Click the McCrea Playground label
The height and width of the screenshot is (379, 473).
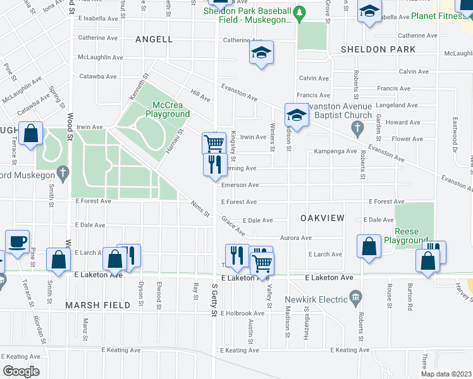(x=168, y=109)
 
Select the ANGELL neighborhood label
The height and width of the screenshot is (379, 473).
(x=154, y=39)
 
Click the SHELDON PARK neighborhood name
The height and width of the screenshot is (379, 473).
(x=378, y=49)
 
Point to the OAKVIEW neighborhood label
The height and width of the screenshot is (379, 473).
(x=322, y=218)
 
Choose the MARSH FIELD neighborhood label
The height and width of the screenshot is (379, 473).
(x=98, y=305)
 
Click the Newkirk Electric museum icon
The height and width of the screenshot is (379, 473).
(x=355, y=297)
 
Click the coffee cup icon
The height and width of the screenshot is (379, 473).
(x=18, y=241)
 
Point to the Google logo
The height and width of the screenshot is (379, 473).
(x=21, y=371)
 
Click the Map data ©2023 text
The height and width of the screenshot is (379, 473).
(x=446, y=374)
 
